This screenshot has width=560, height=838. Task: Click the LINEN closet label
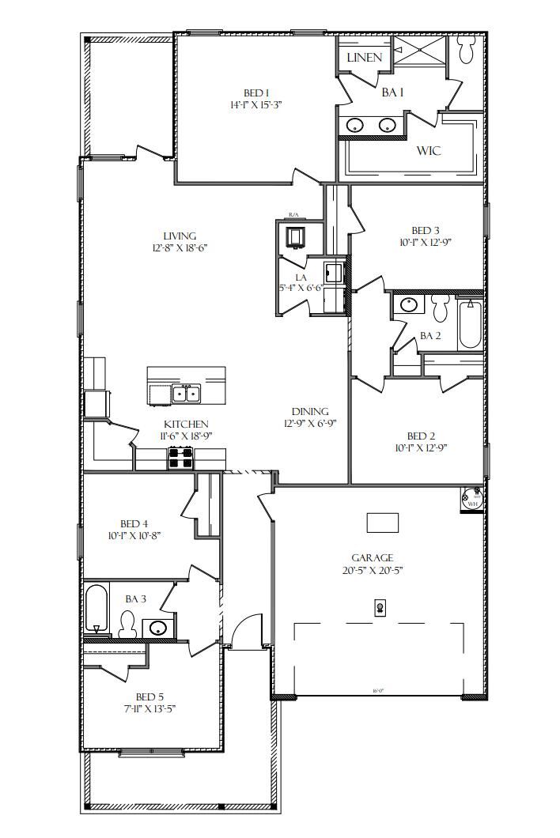coord(364,58)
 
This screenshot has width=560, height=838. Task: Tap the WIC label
coord(429,150)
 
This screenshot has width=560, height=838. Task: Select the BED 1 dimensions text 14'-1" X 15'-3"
coord(262,105)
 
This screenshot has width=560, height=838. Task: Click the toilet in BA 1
coord(467,51)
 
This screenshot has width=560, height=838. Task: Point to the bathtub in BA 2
coord(470,322)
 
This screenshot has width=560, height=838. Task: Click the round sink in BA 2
coord(410,305)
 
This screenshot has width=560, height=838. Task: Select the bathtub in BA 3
coord(96,609)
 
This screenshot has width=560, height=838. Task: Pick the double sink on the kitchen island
coord(187,393)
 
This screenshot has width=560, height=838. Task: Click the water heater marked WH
coord(472,500)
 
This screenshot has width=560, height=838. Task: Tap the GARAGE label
coord(373,558)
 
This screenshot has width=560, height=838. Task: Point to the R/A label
coord(293,215)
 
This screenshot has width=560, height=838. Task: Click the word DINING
coord(310,412)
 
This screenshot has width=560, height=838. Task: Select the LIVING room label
coord(180,236)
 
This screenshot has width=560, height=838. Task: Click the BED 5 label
coord(149,696)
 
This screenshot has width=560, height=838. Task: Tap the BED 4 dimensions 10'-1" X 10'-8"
coord(134,535)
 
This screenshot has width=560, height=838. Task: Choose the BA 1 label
coord(393,92)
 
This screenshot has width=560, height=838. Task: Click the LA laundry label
coord(301,277)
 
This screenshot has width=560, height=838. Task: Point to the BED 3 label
coord(426,231)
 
